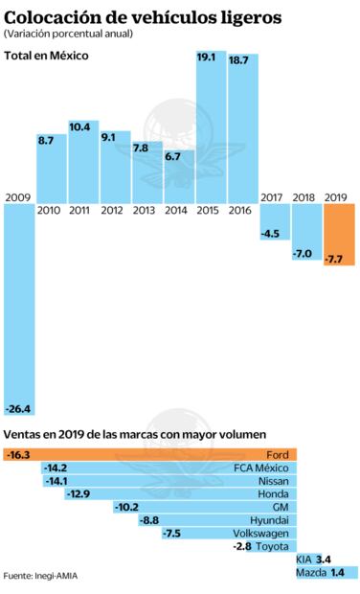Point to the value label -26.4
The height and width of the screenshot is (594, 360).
pyautogui.click(x=18, y=409)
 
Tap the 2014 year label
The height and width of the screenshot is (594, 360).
pyautogui.click(x=176, y=210)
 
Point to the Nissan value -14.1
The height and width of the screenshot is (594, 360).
pyautogui.click(x=57, y=480)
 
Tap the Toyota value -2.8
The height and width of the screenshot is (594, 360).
pyautogui.click(x=241, y=546)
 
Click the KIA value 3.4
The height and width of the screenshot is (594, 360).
pyautogui.click(x=324, y=559)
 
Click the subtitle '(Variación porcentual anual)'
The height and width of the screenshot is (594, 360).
pyautogui.click(x=67, y=33)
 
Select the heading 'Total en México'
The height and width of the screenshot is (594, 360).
pyautogui.click(x=46, y=56)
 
